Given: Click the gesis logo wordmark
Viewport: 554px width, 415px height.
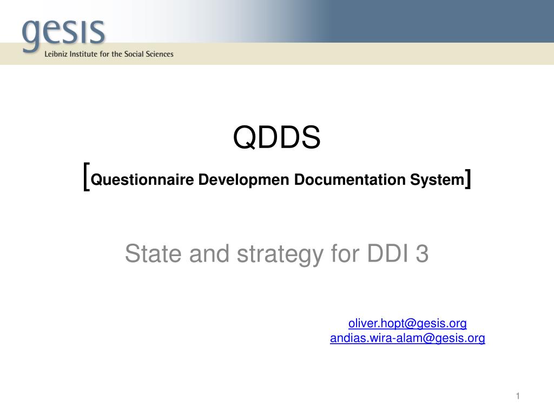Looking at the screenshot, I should pyautogui.click(x=63, y=32).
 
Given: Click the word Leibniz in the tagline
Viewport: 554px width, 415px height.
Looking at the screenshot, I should pyautogui.click(x=57, y=54).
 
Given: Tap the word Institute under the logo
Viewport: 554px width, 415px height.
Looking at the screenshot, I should pyautogui.click(x=84, y=54).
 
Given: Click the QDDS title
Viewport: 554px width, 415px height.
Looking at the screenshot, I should pyautogui.click(x=276, y=138).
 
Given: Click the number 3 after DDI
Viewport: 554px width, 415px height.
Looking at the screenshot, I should pyautogui.click(x=423, y=253).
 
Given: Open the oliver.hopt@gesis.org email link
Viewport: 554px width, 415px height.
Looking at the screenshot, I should pyautogui.click(x=407, y=324).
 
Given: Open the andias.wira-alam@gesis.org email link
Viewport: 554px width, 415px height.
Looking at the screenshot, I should pyautogui.click(x=407, y=339).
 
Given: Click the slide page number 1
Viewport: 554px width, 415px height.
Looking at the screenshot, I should pyautogui.click(x=517, y=397).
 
